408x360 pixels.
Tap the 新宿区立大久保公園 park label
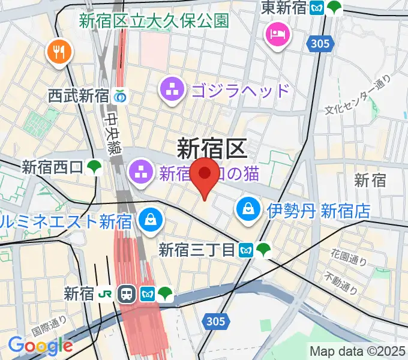(x=154, y=20)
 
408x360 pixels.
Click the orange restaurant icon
(x=58, y=53)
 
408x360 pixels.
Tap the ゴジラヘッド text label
(x=241, y=91)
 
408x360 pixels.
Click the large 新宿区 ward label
(x=212, y=148)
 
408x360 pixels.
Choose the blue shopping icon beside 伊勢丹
(x=248, y=209)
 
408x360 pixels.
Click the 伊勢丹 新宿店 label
(x=319, y=211)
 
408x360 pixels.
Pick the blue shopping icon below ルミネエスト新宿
(x=149, y=220)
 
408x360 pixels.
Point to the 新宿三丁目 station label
(x=197, y=249)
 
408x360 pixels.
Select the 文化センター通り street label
(x=358, y=95)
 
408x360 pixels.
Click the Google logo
(x=40, y=346)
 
